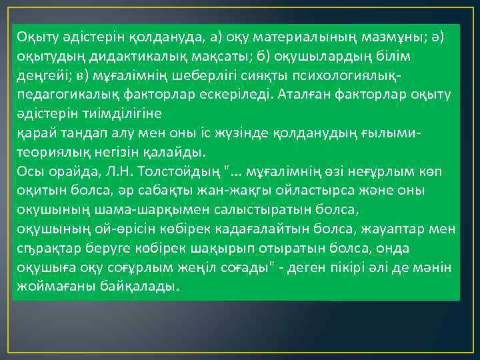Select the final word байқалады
point(145,287)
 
